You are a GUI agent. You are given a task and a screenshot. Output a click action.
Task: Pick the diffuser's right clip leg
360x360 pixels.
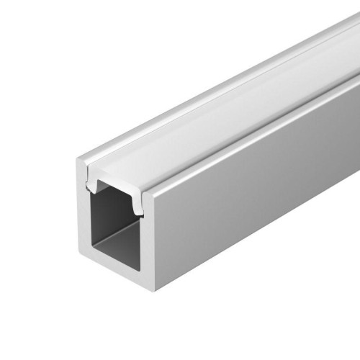coord(138,204)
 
